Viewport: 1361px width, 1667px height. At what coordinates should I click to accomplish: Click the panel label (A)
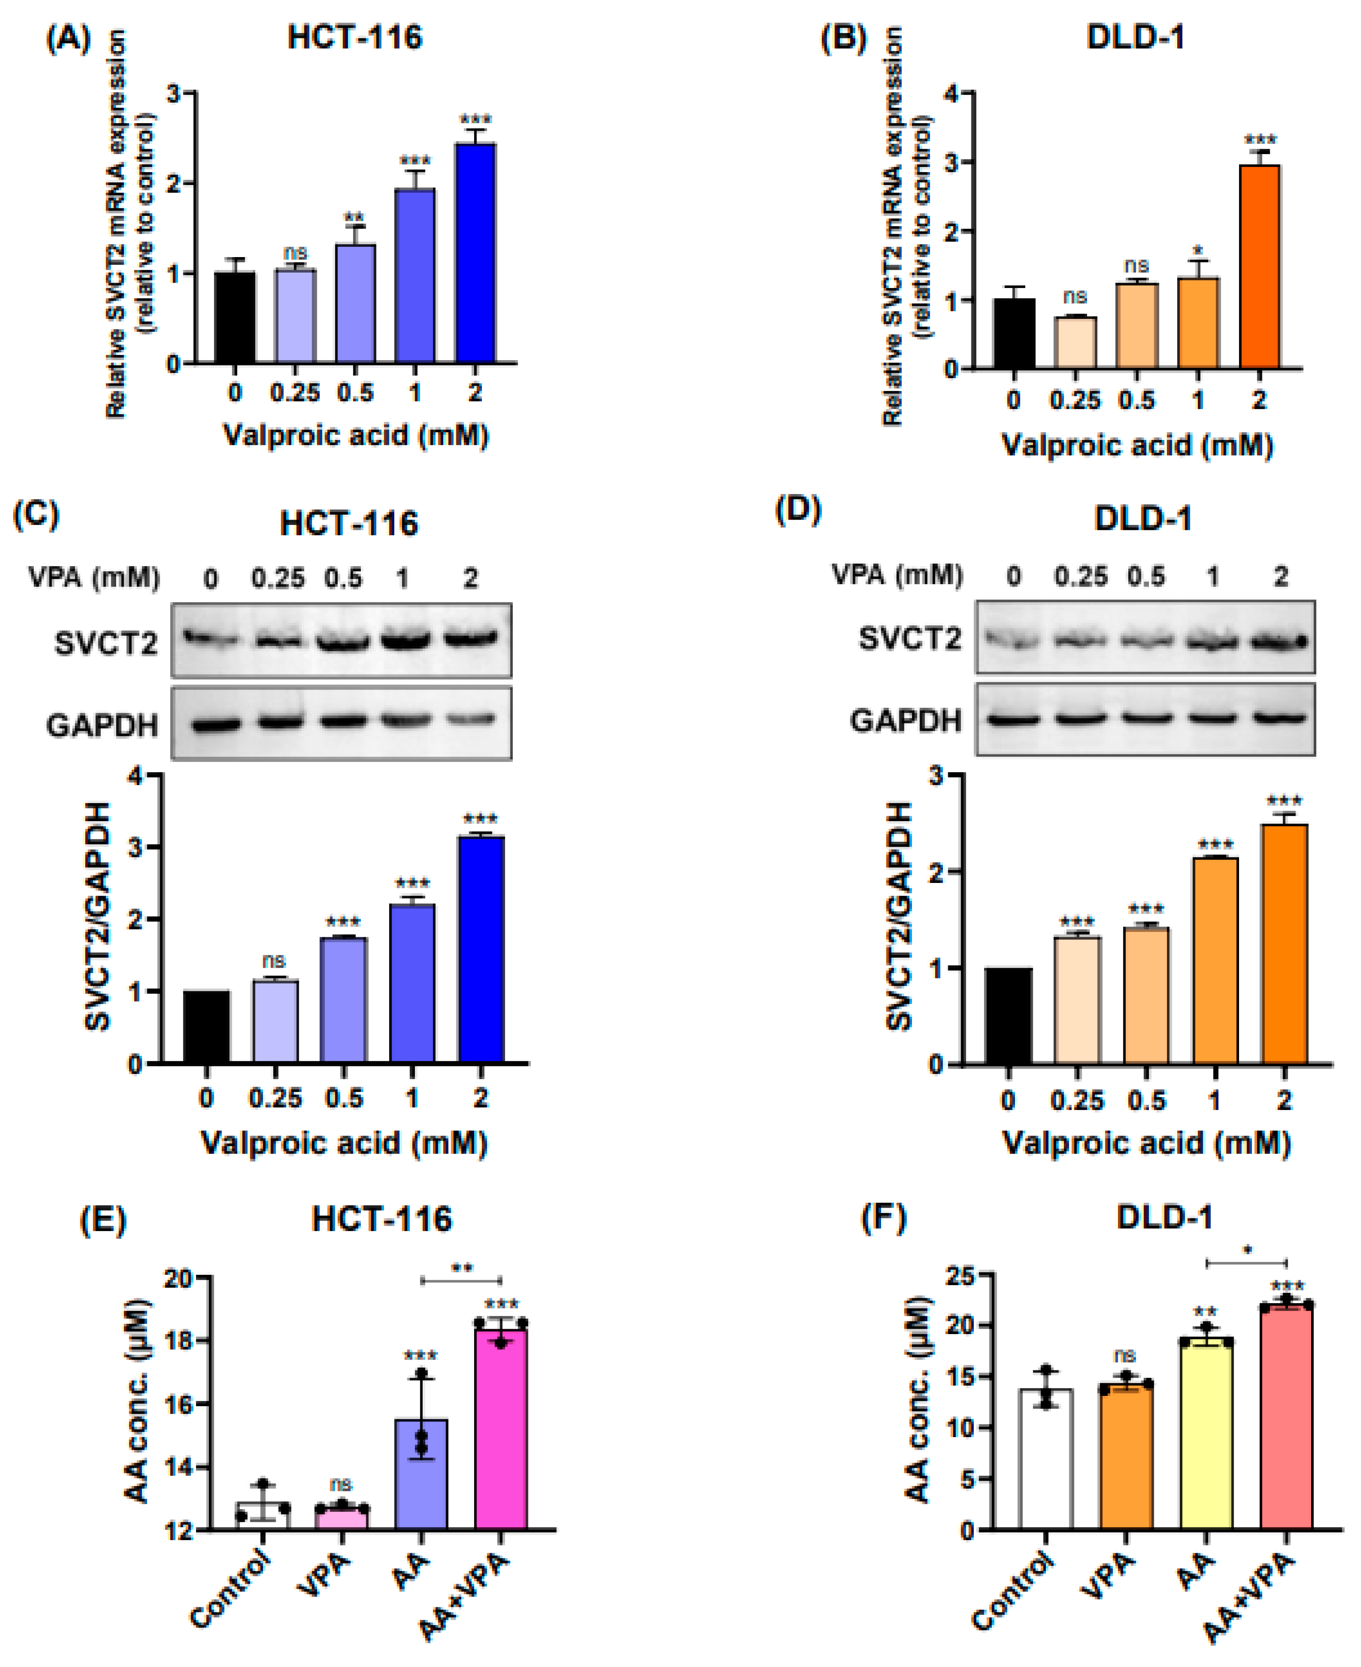pyautogui.click(x=69, y=39)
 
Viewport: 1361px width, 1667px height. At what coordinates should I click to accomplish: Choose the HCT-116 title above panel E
pyautogui.click(x=382, y=1219)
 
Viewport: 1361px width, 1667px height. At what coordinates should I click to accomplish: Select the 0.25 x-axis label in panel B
pyautogui.click(x=1075, y=400)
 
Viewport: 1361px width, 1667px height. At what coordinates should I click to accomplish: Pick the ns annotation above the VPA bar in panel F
pyautogui.click(x=1125, y=1355)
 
